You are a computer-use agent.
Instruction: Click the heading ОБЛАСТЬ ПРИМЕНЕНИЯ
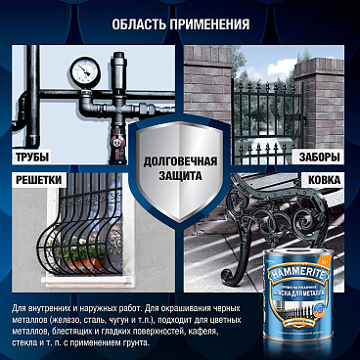(x=179, y=22)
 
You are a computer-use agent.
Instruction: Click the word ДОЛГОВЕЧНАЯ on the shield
(x=180, y=160)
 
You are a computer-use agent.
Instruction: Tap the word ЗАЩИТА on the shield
(x=180, y=176)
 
